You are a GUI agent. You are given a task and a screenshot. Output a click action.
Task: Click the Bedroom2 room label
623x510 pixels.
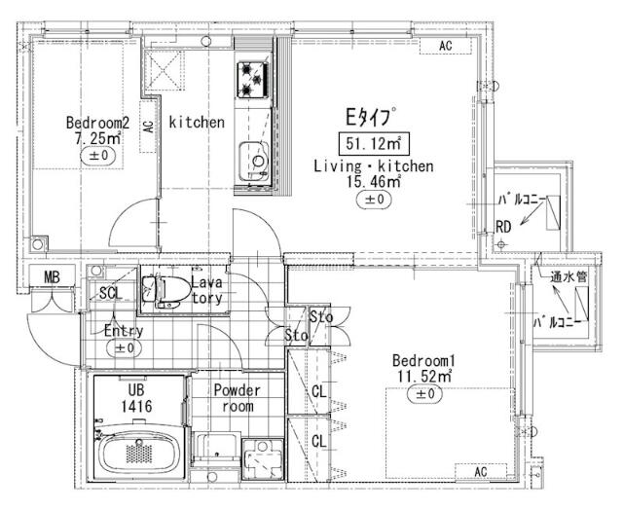(x=97, y=123)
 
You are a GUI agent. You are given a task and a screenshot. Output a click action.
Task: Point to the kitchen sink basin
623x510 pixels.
(x=255, y=157)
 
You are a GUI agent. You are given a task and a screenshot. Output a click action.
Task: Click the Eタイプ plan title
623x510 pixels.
(x=371, y=118)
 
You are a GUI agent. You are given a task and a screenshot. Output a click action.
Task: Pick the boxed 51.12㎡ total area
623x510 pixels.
(x=372, y=145)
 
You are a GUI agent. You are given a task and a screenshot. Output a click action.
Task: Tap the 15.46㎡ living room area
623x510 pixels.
(x=373, y=181)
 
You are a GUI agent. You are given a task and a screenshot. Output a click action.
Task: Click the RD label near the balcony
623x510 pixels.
(x=503, y=227)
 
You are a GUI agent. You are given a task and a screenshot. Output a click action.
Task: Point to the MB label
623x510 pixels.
(x=52, y=277)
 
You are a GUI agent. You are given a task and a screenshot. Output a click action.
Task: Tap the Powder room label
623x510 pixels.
(x=238, y=398)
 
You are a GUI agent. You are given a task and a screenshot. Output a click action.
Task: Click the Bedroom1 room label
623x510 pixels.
(x=424, y=357)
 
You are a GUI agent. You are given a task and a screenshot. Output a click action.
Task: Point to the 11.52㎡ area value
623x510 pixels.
(x=424, y=374)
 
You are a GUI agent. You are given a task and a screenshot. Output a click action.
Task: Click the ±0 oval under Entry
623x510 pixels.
(x=125, y=347)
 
